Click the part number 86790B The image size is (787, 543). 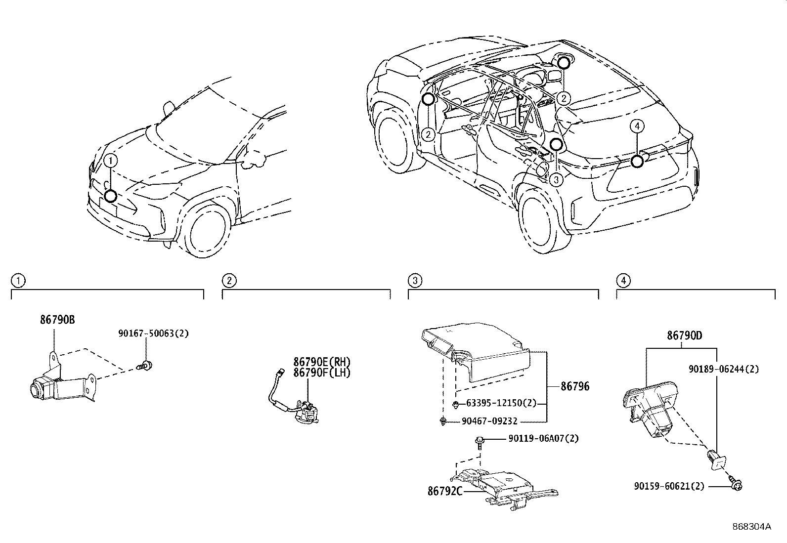(x=57, y=320)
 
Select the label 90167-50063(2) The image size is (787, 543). (x=154, y=334)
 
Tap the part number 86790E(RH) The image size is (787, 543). (x=322, y=362)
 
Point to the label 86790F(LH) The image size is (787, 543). (x=322, y=373)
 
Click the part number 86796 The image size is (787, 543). (x=575, y=386)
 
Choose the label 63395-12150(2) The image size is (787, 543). (x=501, y=403)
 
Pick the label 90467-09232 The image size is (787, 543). (x=489, y=421)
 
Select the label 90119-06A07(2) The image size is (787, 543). (x=543, y=438)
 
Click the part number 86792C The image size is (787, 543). (x=445, y=491)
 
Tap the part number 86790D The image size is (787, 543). (x=684, y=336)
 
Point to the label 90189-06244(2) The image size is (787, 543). (x=724, y=369)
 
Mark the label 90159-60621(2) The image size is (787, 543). (x=669, y=486)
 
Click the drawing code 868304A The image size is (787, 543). (x=751, y=527)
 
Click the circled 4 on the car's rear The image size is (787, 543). (x=637, y=126)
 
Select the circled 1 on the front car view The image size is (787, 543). (x=111, y=161)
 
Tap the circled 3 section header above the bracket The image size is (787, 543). (x=415, y=281)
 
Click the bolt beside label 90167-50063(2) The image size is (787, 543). (x=145, y=365)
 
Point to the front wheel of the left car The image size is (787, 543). (x=207, y=229)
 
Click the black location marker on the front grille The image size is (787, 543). (x=111, y=196)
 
